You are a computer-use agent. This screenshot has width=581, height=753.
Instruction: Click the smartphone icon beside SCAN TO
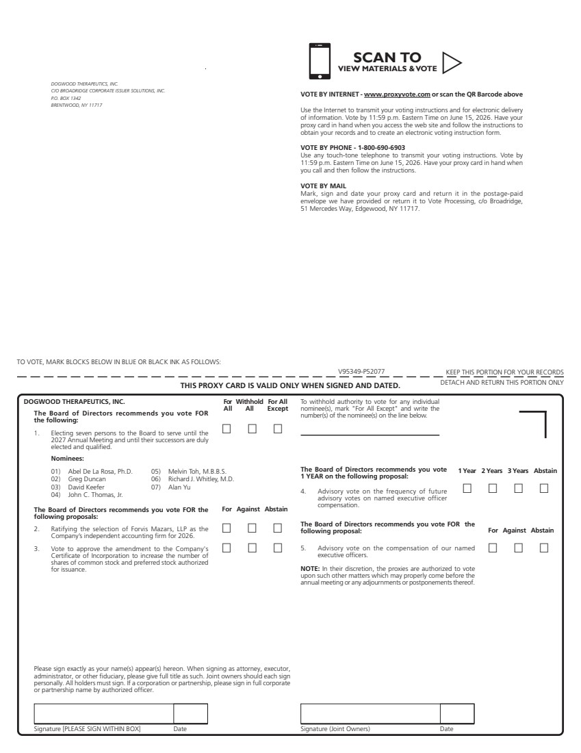coord(320,62)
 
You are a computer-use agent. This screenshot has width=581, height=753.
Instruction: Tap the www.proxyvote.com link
coord(397,94)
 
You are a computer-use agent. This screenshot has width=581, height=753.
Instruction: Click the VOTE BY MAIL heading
coord(323,186)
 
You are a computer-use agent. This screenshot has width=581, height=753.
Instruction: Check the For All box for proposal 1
coord(227,429)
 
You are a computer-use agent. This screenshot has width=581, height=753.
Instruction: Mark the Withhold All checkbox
coord(253,429)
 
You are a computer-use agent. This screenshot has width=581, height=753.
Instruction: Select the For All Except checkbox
coord(278,429)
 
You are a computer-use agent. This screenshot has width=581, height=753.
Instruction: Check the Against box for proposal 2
coord(253,528)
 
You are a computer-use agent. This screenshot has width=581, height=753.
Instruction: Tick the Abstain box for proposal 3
coord(278,548)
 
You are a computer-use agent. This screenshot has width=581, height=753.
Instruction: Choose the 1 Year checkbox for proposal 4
coord(467,488)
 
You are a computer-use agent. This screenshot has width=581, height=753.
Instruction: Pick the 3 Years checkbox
coord(518,488)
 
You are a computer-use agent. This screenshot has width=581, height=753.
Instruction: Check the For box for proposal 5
coord(493,548)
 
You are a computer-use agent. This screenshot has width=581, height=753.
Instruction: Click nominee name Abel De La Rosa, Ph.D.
coord(100,471)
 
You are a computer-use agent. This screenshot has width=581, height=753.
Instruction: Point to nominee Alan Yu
coord(179,487)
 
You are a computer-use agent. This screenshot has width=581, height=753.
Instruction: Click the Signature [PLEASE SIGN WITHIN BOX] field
coord(103,713)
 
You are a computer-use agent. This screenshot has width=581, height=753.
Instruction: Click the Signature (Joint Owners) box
coord(370,713)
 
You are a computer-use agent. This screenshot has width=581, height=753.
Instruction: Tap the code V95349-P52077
coord(361,372)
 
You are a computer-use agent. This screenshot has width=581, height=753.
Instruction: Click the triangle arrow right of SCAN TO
coord(451,62)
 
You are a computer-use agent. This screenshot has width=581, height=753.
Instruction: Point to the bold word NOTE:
coord(309,569)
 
